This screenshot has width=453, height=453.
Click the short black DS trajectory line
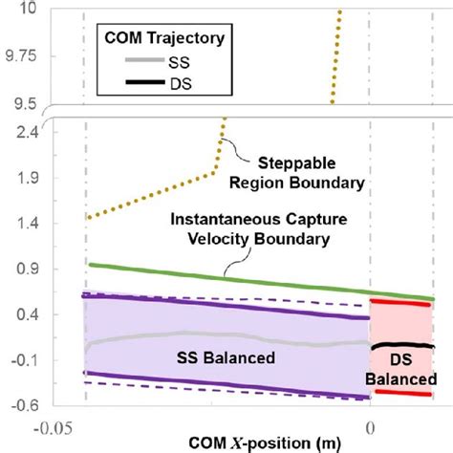click(x=401, y=345)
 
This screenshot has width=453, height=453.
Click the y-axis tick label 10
click(x=25, y=9)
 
